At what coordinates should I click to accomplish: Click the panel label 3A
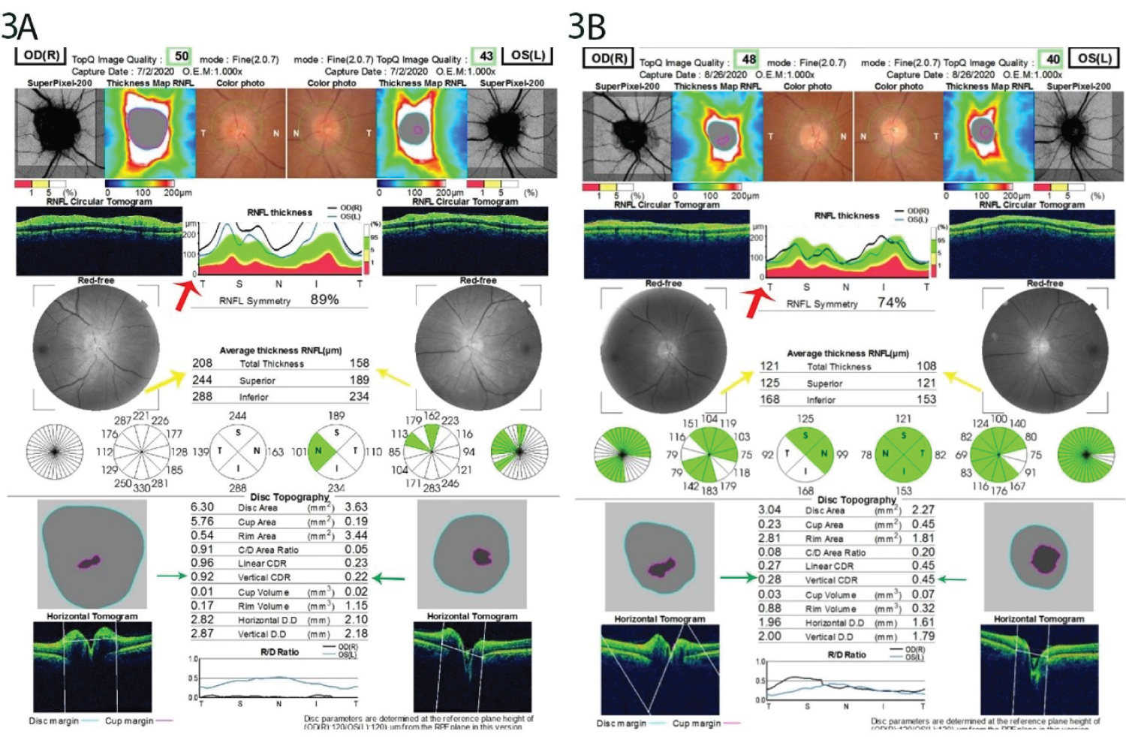[x=19, y=26]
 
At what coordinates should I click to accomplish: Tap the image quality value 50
[x=182, y=56]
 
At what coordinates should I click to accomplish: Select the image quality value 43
[x=486, y=56]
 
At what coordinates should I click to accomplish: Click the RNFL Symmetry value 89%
[x=324, y=299]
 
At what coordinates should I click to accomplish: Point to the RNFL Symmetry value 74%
[x=892, y=302]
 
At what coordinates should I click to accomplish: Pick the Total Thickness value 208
[x=202, y=363]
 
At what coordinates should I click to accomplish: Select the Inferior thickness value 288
[x=202, y=396]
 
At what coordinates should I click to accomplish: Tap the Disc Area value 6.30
[x=202, y=507]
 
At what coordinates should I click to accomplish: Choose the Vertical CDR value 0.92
[x=202, y=577]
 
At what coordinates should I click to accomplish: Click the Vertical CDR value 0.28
[x=769, y=579]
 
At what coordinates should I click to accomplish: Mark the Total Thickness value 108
[x=926, y=366]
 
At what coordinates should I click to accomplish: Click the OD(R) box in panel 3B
[x=609, y=59]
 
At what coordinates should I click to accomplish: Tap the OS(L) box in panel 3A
[x=528, y=56]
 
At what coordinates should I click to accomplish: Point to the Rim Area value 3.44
[x=357, y=535]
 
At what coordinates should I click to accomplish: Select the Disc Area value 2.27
[x=923, y=510]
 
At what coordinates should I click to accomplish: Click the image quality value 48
[x=749, y=59]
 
